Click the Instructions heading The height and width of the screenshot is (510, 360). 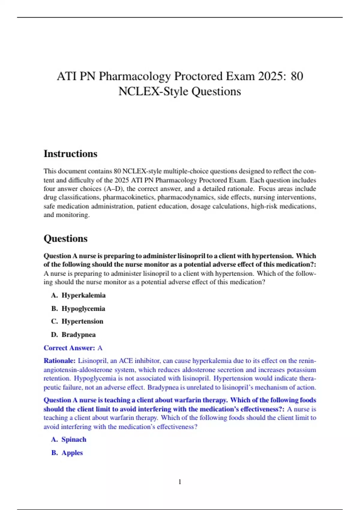(70, 154)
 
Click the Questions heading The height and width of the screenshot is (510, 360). (65, 238)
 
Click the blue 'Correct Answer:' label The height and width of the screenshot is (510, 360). (69, 348)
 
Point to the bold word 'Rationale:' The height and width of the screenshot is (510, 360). (59, 361)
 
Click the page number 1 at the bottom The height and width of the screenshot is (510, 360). (180, 482)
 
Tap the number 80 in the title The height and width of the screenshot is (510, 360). (297, 76)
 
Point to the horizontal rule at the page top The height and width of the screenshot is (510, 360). (180, 17)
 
